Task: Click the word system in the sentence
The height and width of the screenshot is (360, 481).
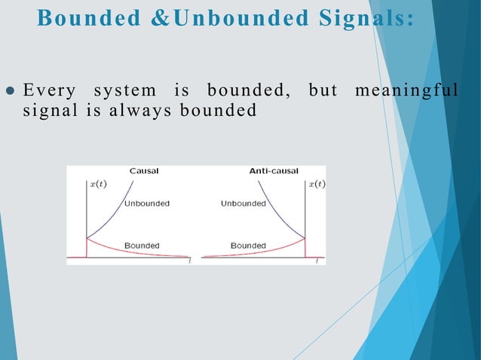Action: [124, 92]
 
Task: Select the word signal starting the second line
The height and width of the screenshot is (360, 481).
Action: [48, 111]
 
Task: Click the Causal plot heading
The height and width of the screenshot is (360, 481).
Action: [143, 171]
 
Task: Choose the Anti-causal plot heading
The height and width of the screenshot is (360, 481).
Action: [274, 171]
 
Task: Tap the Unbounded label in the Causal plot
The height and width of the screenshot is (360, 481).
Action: [146, 203]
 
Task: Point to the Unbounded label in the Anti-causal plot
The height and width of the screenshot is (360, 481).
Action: [244, 203]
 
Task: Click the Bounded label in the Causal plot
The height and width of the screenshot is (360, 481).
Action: [141, 246]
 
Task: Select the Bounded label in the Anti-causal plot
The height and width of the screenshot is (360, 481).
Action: [248, 246]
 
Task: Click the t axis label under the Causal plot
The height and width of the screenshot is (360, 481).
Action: [188, 261]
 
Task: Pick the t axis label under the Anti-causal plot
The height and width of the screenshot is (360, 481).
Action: [317, 261]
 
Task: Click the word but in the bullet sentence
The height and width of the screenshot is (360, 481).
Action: [323, 92]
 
